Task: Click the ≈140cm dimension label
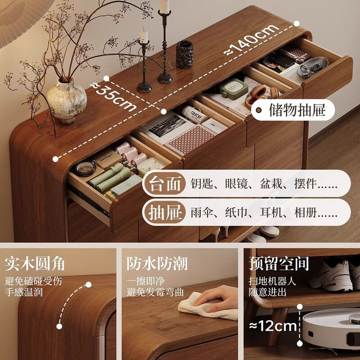pos(251,39)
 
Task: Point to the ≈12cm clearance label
pos(273,326)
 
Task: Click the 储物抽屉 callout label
pos(297,110)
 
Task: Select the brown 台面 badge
pos(164,184)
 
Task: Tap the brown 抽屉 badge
pos(164,212)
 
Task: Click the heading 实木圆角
pos(35,264)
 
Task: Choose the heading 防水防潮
pos(157,263)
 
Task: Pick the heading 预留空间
pos(279,264)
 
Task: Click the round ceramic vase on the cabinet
pos(66,101)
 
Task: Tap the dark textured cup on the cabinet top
pos(184,54)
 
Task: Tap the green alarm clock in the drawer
pos(234,88)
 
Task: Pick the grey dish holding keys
pos(312,66)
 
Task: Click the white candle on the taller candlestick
pos(164,6)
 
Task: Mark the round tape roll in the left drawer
pos(86,168)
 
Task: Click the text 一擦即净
pos(146,281)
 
